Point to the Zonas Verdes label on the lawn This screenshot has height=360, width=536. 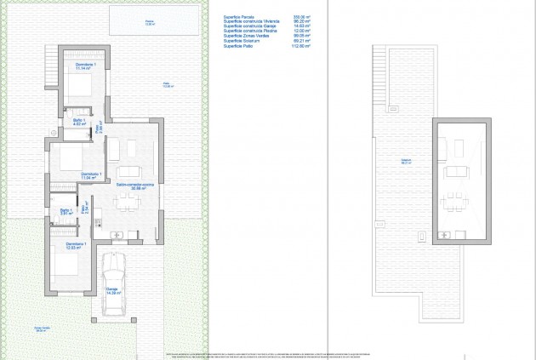[43, 329]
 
